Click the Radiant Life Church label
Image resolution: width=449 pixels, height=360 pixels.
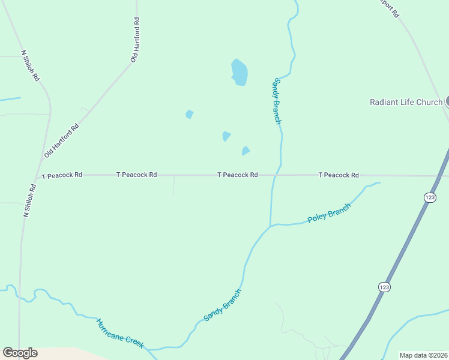pos(406,102)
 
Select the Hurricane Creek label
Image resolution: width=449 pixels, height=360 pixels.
pos(120,333)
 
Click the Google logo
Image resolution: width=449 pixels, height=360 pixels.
pos(20,353)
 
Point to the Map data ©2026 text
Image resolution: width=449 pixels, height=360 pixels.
pos(424,355)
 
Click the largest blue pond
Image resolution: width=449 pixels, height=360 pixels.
pos(240,72)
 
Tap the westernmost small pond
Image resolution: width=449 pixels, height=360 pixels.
pos(190,114)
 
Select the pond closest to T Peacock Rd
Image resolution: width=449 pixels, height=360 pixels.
pos(245,151)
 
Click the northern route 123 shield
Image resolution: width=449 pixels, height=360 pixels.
pos(429,197)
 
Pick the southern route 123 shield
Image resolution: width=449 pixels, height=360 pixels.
pos(384,287)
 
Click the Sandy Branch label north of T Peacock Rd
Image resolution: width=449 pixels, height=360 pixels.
pos(277,101)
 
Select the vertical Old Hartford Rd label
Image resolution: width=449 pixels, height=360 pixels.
pos(136,40)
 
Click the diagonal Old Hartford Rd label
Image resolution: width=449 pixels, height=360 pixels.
pos(62,141)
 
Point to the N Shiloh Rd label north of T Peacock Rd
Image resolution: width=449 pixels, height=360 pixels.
pos(31,65)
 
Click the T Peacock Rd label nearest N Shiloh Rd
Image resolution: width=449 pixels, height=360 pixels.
pos(62,175)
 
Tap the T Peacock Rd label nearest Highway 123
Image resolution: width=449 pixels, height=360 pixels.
pos(339,175)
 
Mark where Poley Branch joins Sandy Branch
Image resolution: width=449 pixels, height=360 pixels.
pos(271,226)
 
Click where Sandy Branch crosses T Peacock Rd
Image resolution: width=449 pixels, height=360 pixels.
pos(276,175)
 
